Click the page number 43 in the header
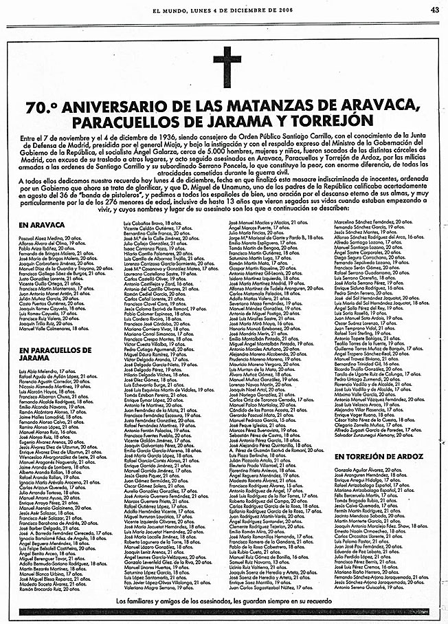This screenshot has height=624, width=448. (x=434, y=10)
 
